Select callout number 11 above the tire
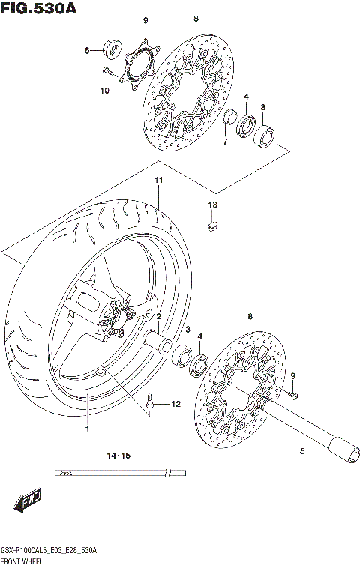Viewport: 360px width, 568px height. [158, 181]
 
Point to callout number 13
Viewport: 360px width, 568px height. [212, 205]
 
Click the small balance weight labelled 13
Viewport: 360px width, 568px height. [212, 222]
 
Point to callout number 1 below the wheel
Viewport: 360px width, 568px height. [87, 429]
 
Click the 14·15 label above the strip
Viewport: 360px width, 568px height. [118, 456]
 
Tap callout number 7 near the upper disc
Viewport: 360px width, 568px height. [224, 141]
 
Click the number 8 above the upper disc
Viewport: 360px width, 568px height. [196, 19]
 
